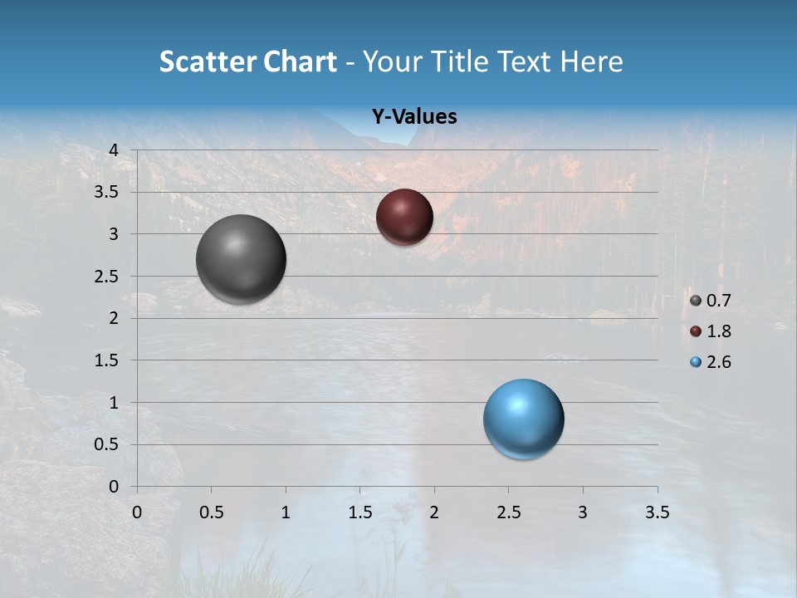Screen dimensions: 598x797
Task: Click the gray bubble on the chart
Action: pyautogui.click(x=242, y=259)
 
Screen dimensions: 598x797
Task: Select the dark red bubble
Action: pyautogui.click(x=404, y=217)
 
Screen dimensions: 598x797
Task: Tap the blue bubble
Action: pyautogui.click(x=523, y=419)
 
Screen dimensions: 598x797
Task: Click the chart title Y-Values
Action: pyautogui.click(x=413, y=116)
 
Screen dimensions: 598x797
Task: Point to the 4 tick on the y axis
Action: pyautogui.click(x=114, y=150)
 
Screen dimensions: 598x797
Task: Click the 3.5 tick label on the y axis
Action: pyautogui.click(x=107, y=192)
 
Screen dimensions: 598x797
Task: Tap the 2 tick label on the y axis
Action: pyautogui.click(x=114, y=318)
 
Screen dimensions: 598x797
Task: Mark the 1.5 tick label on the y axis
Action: pyautogui.click(x=107, y=360)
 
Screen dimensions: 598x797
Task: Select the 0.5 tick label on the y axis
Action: pyautogui.click(x=107, y=444)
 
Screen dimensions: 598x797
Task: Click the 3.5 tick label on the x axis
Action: pyautogui.click(x=658, y=512)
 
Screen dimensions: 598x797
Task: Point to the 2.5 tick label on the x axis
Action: pyautogui.click(x=509, y=512)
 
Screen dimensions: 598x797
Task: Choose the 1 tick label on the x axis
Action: pyautogui.click(x=286, y=512)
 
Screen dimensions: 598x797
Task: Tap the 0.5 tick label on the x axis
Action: pyautogui.click(x=212, y=512)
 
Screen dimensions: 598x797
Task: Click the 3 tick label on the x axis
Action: pyautogui.click(x=583, y=512)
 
